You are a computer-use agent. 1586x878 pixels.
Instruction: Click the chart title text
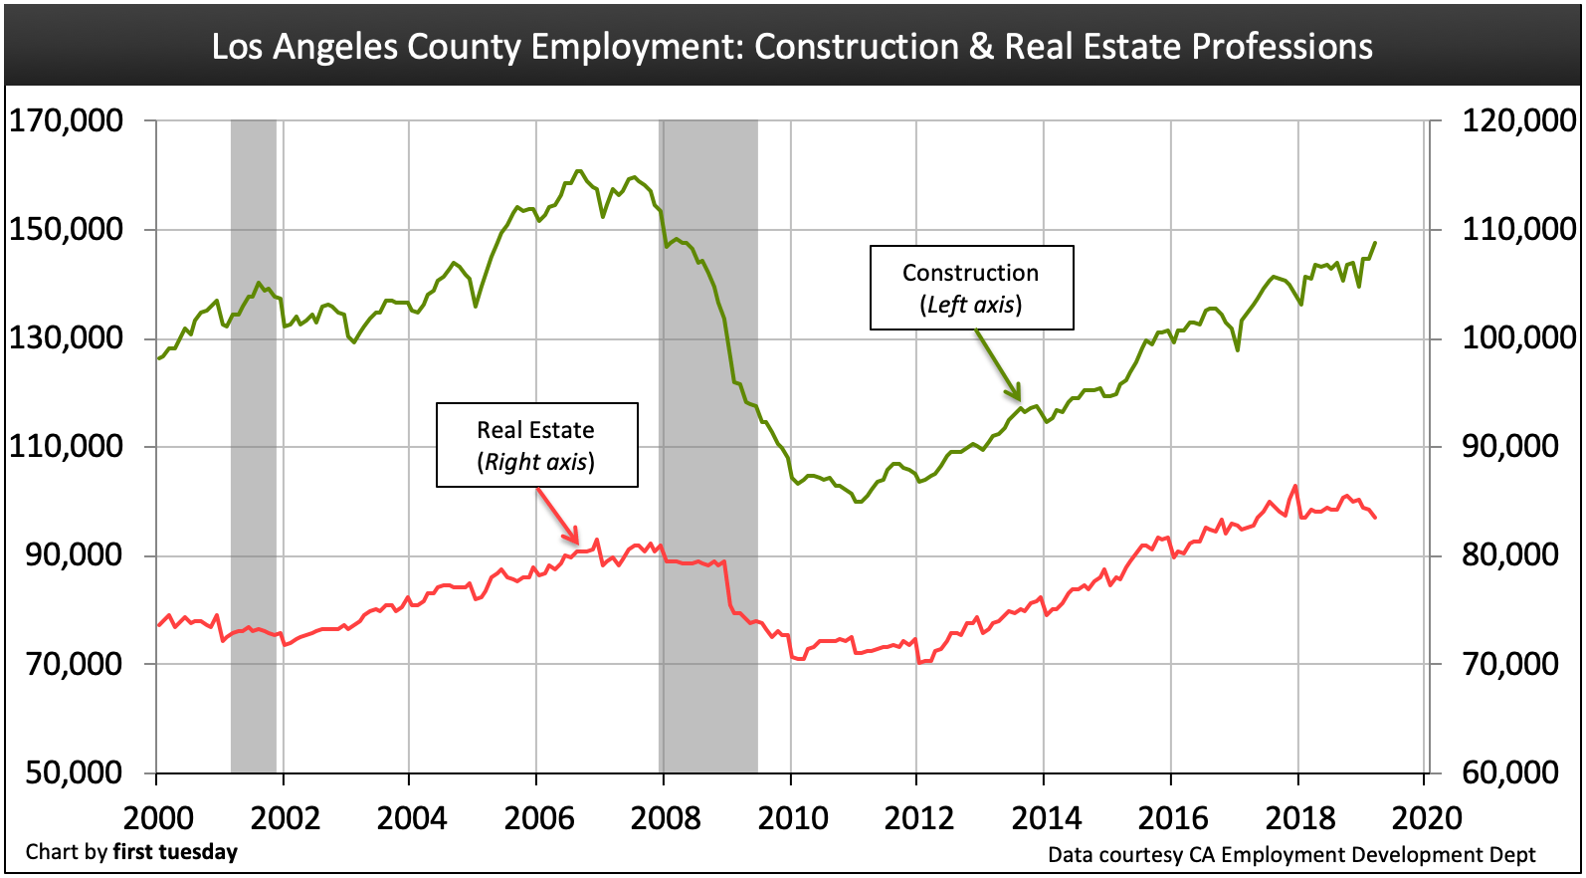[792, 47]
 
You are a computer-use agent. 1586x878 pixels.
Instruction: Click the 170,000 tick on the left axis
[66, 121]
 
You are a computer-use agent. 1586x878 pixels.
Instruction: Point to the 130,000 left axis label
[66, 338]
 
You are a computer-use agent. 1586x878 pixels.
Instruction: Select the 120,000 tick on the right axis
[1518, 121]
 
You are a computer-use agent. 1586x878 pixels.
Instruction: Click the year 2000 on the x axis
[158, 818]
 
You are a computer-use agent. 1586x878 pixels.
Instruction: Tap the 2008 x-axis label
[666, 818]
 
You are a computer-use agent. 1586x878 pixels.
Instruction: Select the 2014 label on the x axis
[1046, 818]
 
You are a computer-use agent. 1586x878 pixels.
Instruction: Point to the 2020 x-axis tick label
[1427, 818]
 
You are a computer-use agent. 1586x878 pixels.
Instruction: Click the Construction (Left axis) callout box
[971, 288]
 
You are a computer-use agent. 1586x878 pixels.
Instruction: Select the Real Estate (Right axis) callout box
[536, 445]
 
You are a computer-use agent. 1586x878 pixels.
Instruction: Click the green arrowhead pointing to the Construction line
[1016, 393]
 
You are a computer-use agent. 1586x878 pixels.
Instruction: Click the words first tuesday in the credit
[175, 852]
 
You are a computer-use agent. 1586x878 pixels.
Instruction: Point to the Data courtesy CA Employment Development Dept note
[1291, 854]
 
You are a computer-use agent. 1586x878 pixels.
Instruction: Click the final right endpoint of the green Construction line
[1375, 243]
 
